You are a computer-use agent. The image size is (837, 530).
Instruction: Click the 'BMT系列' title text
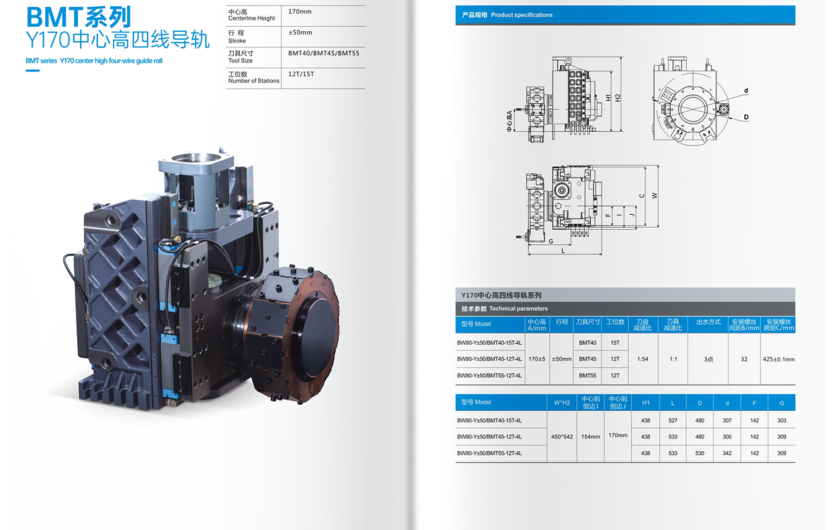coord(79,17)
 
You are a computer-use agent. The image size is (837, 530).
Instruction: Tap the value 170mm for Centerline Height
coord(300,12)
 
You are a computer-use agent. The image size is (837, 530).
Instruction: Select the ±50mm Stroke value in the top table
coord(300,32)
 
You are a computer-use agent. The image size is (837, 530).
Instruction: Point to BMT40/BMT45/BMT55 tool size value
coord(324,54)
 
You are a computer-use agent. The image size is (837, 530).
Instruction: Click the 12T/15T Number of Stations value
coord(301,74)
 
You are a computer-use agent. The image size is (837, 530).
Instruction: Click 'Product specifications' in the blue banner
coord(522,15)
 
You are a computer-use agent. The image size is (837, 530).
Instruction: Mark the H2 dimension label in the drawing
coord(618,98)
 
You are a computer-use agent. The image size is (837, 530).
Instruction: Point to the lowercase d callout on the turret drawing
coord(746,90)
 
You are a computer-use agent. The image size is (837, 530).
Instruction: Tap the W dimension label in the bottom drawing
coord(655,195)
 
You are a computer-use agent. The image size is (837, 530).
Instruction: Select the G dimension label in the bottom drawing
coord(551,241)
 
